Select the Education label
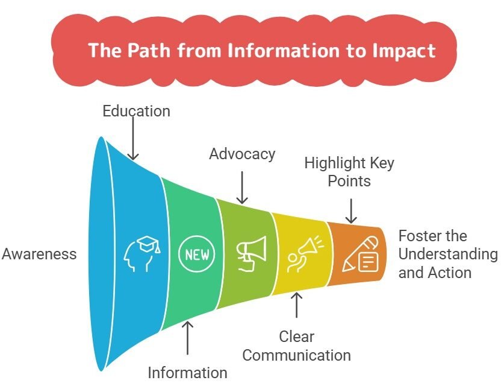click(136, 111)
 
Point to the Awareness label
click(39, 254)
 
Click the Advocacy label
click(242, 154)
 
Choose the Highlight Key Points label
click(349, 172)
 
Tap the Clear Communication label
click(296, 346)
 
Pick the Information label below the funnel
click(188, 373)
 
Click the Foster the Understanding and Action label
click(448, 254)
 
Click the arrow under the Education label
click(133, 141)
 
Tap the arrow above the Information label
click(188, 337)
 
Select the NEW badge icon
click(196, 254)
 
